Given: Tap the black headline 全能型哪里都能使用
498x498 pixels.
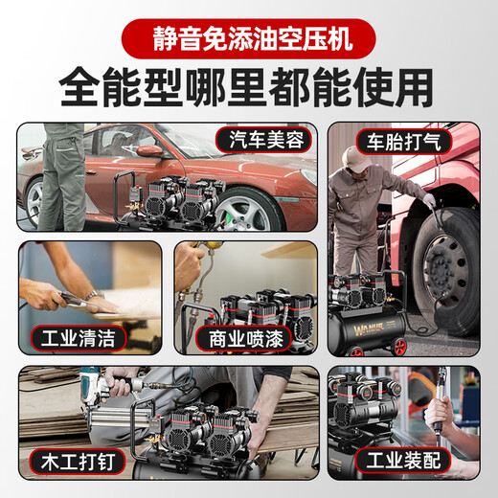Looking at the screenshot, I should click(x=248, y=89).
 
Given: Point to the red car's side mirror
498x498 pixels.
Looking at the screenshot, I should click(x=148, y=150).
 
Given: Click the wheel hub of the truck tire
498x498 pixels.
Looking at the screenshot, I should click(x=446, y=266).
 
